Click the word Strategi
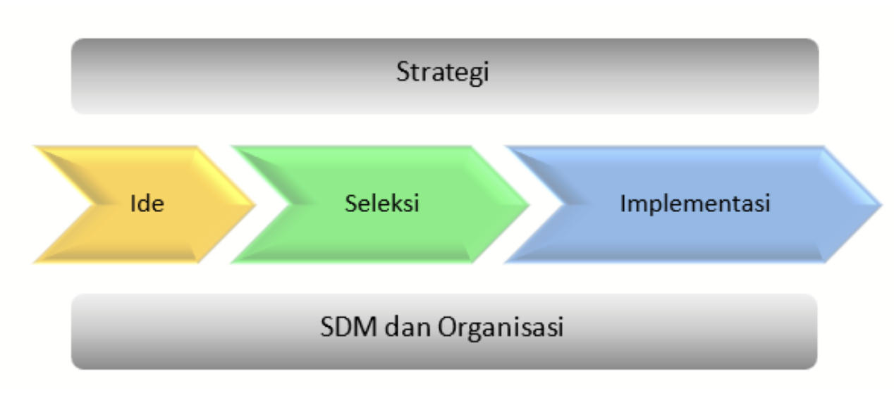443,73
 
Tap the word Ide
147,204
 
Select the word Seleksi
382,204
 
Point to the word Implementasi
695,204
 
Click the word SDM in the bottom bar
348,327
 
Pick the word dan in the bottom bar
408,327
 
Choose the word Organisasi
501,328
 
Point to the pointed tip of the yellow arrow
255,205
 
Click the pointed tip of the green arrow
529,205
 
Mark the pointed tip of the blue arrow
881,205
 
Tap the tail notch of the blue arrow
564,204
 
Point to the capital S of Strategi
403,72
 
